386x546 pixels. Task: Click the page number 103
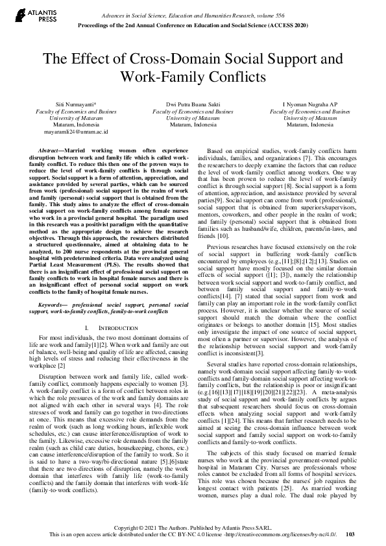tap(350, 534)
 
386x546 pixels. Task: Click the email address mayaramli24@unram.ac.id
tap(76, 131)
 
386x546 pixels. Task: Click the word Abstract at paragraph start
tap(51, 149)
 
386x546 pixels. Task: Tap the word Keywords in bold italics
tap(53, 304)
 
